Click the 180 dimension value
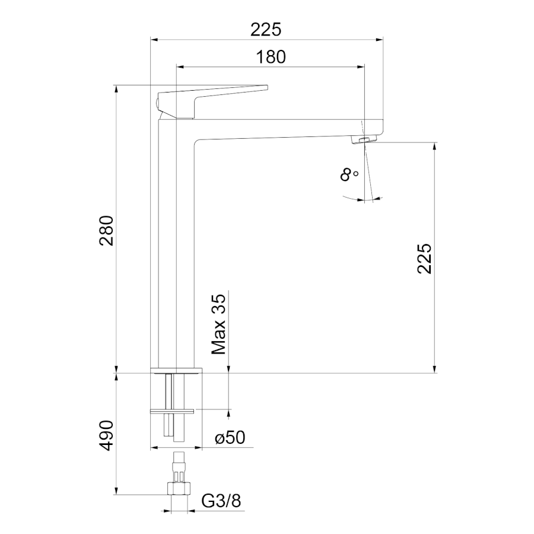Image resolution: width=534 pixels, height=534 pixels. (271, 57)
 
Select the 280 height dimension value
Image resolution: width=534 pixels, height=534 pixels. (106, 231)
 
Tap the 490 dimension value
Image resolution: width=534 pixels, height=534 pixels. (106, 436)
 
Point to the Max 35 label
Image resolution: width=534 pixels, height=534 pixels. (218, 324)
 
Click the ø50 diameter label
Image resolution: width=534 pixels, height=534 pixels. (230, 437)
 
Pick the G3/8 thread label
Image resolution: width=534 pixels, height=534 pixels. (221, 501)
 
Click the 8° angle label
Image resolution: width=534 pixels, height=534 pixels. (349, 174)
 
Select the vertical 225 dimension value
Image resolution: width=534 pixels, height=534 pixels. (424, 259)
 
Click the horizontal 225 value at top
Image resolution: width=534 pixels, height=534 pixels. (266, 30)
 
